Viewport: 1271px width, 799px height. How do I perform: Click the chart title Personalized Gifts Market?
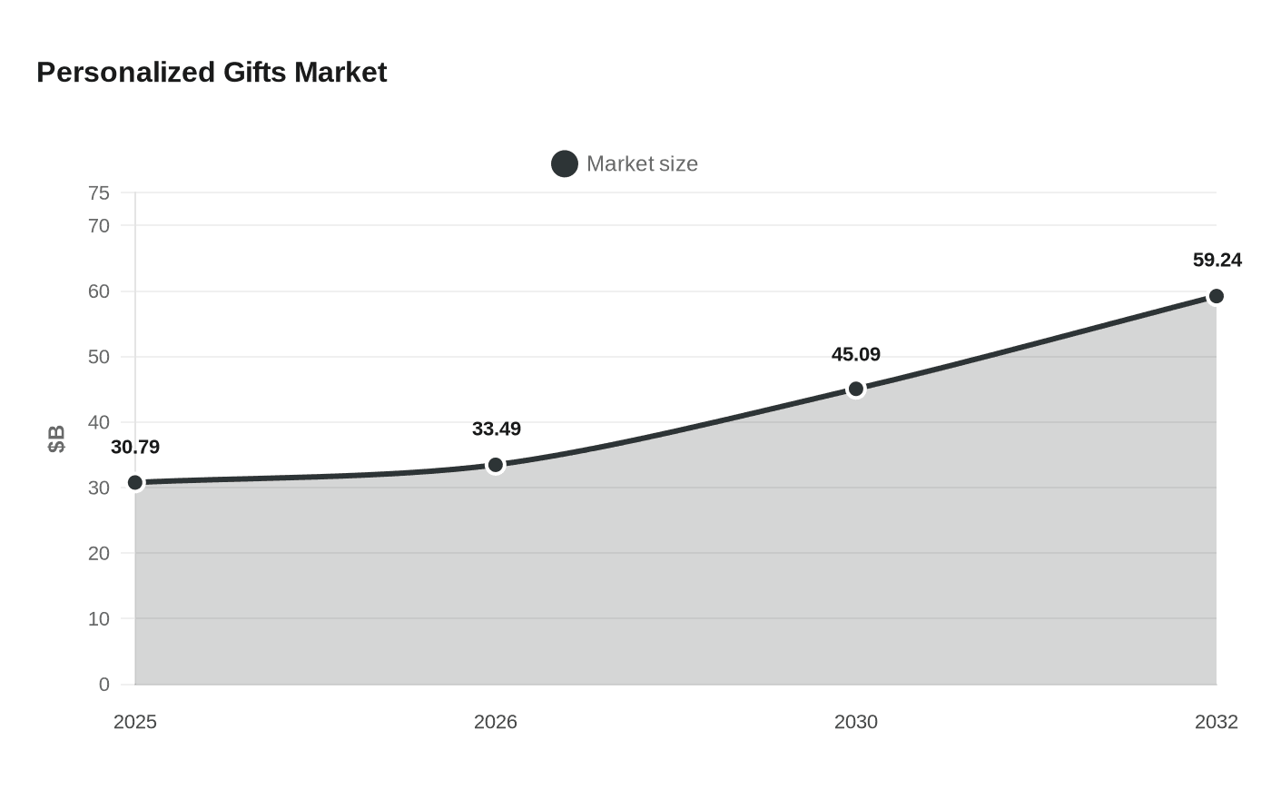[212, 73]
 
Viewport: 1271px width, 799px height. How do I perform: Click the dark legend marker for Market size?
[565, 164]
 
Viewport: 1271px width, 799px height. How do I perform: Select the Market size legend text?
[642, 164]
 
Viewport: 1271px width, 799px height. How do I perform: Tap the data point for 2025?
[135, 483]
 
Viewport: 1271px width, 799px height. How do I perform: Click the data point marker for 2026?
[496, 465]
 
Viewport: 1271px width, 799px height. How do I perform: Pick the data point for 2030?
[855, 390]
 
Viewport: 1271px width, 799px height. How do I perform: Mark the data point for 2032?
[1216, 296]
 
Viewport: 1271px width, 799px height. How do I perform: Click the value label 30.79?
[135, 447]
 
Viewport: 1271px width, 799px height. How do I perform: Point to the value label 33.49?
[497, 429]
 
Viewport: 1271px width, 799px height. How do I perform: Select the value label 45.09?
[855, 355]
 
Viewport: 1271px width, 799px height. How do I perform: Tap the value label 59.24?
[1217, 260]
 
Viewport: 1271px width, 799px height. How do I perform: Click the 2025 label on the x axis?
[135, 723]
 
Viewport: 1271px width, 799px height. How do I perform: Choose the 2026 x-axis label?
[496, 723]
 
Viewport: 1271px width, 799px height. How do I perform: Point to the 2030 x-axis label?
[855, 723]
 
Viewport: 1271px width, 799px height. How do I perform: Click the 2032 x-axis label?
[1216, 723]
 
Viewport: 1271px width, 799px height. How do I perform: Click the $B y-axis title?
[56, 439]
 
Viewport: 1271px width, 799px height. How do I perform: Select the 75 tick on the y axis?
[99, 193]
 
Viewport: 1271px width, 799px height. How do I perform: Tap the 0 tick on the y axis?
[103, 685]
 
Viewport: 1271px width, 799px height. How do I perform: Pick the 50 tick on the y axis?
[99, 357]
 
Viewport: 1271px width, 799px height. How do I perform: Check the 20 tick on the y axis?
[99, 553]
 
